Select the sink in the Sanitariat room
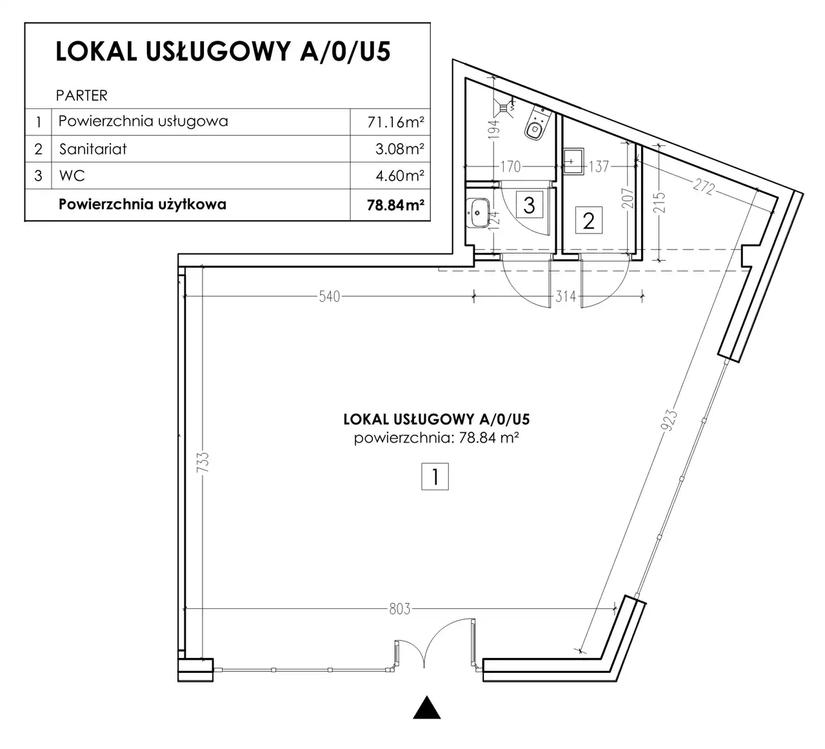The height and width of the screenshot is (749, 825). [x=573, y=162]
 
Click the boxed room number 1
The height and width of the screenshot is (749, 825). [x=435, y=476]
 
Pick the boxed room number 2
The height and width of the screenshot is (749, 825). [x=588, y=221]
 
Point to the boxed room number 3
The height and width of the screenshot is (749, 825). [x=530, y=205]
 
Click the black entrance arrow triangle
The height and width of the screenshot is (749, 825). [x=427, y=707]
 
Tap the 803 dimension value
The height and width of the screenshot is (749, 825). [x=400, y=609]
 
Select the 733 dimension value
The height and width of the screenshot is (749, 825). [x=203, y=462]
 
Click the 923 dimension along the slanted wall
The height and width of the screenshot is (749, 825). [x=669, y=420]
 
